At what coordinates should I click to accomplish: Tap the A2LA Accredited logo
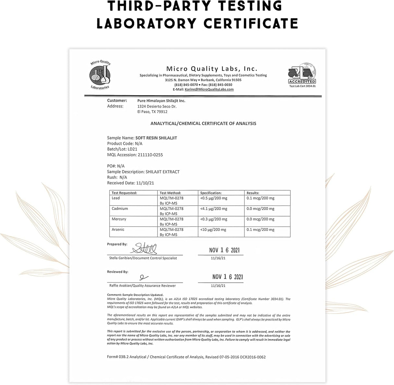pyautogui.click(x=302, y=74)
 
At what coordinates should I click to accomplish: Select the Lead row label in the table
pyautogui.click(x=116, y=198)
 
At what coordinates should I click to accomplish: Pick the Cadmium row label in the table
pyautogui.click(x=120, y=208)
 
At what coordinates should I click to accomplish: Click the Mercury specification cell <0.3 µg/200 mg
pyautogui.click(x=214, y=219)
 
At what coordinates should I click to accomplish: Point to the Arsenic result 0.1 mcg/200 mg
pyautogui.click(x=260, y=230)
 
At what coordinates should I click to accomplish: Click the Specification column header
pyautogui.click(x=211, y=193)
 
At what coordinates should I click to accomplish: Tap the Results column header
pyautogui.click(x=253, y=193)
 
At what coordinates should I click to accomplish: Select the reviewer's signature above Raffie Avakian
pyautogui.click(x=143, y=277)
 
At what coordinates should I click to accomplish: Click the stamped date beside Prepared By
pyautogui.click(x=224, y=250)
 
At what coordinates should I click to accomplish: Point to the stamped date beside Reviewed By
pyautogui.click(x=227, y=277)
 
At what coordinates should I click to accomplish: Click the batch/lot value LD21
pyautogui.click(x=132, y=149)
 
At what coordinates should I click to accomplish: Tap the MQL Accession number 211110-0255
pyautogui.click(x=150, y=155)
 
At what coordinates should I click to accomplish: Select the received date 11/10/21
pyautogui.click(x=145, y=183)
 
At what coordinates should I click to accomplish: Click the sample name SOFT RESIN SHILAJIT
pyautogui.click(x=156, y=138)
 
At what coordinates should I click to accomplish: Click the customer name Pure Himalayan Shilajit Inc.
pyautogui.click(x=161, y=101)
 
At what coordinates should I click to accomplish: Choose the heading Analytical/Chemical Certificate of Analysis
pyautogui.click(x=203, y=123)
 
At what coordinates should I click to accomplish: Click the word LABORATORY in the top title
pyautogui.click(x=147, y=23)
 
